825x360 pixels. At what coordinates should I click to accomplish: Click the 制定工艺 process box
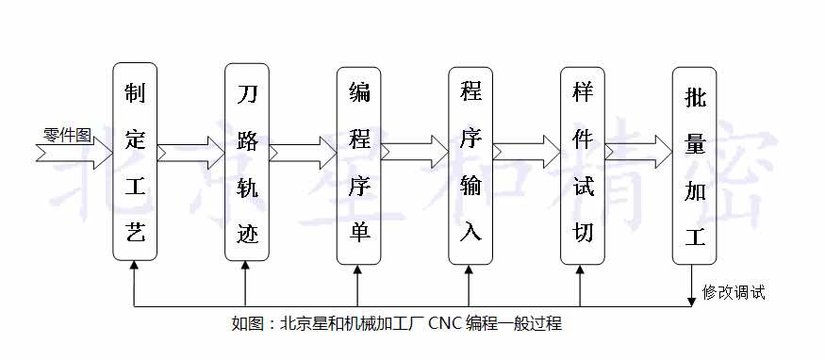pos(135,160)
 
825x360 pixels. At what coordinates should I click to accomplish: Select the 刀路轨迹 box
pos(247,160)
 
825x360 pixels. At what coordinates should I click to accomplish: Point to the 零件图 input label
pos(68,134)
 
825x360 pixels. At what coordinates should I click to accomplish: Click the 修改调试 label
pos(734,292)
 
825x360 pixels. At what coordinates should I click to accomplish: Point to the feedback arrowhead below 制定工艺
pos(135,267)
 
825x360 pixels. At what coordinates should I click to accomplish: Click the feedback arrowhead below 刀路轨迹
pos(247,267)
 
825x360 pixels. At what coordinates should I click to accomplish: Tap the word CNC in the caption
pos(444,324)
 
